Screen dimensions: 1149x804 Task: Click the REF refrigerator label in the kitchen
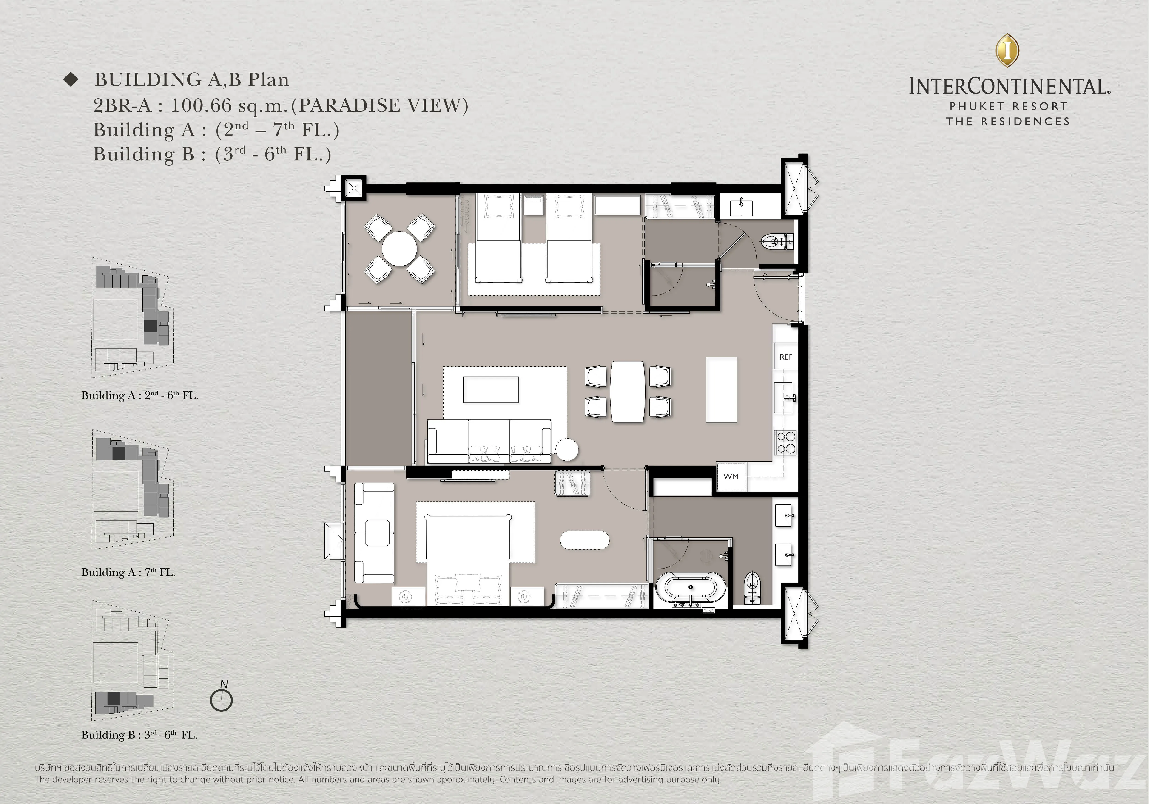[786, 357]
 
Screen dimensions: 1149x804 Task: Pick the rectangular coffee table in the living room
[490, 389]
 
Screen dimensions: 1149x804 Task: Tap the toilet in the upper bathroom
[777, 242]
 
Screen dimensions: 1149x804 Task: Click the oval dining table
[628, 392]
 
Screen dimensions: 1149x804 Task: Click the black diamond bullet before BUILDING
[71, 79]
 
